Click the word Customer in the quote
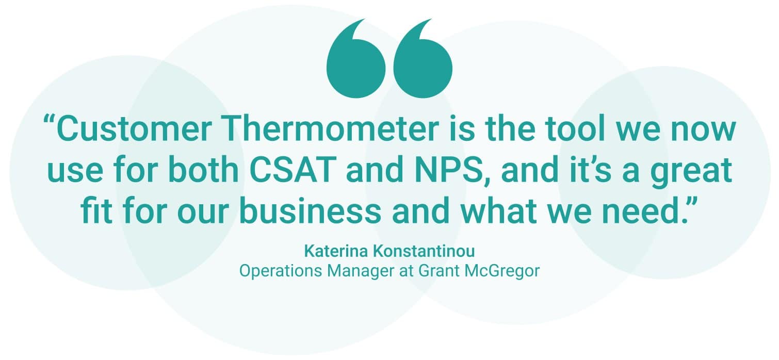[x=134, y=129]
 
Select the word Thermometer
[x=331, y=129]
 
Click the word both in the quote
[x=203, y=169]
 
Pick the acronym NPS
[x=451, y=169]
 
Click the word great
[x=692, y=172]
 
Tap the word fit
[x=96, y=210]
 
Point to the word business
[x=310, y=210]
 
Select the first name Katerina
[x=336, y=251]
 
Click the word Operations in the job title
[x=281, y=271]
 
